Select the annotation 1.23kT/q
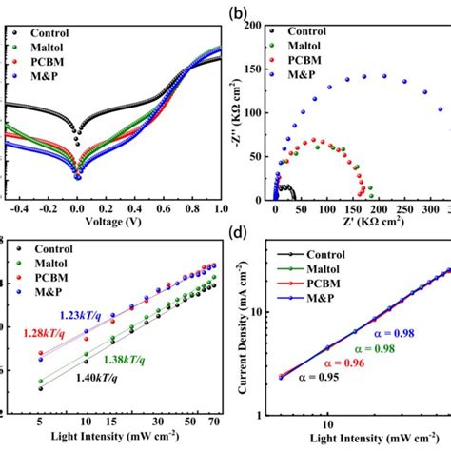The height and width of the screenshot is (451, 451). [78, 315]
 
